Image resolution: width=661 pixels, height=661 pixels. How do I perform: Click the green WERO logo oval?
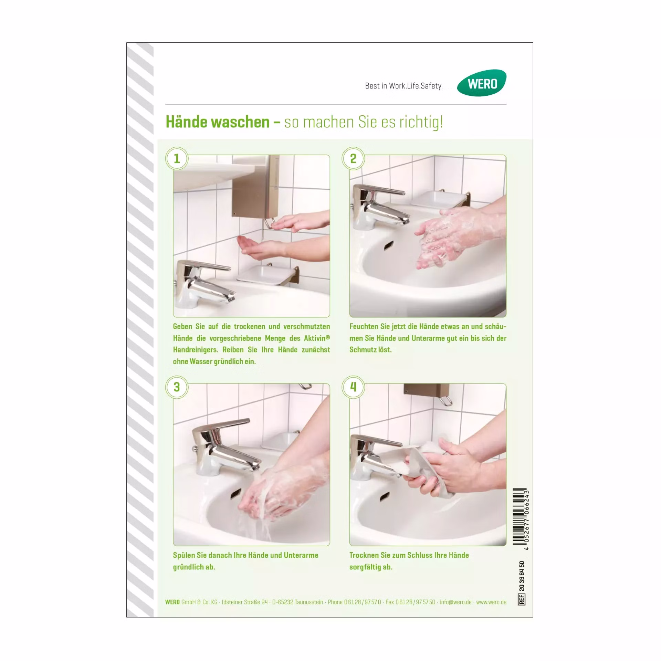point(482,83)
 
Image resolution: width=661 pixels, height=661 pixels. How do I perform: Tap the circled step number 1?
point(177,159)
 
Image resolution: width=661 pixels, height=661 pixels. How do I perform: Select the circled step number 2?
point(353,159)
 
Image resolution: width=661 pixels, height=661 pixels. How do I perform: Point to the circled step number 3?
point(177,387)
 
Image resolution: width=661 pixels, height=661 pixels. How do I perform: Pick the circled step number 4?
point(353,387)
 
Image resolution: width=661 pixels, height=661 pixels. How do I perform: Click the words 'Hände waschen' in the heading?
point(218,122)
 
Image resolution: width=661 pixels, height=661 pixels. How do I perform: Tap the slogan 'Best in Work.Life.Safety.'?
point(403,86)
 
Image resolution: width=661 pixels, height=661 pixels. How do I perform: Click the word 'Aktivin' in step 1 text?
point(315,338)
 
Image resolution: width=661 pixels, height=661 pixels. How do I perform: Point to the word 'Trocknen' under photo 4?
point(364,555)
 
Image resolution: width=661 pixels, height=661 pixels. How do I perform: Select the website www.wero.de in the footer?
point(491,602)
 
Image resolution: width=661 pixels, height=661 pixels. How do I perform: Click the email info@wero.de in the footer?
point(456,602)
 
